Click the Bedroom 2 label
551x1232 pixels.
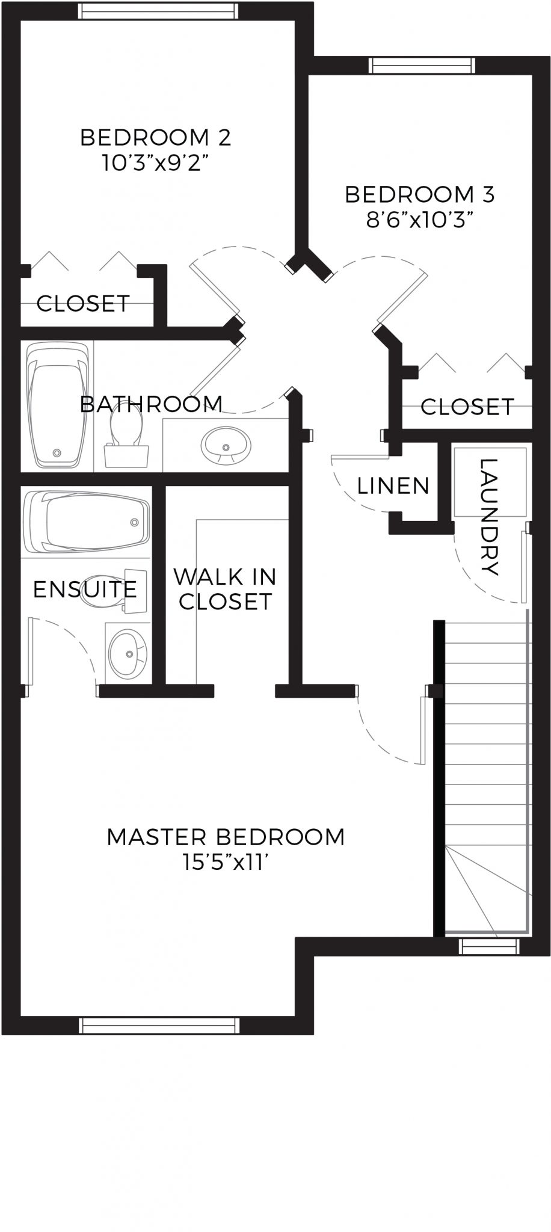[x=155, y=137]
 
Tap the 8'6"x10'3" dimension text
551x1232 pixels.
[x=419, y=220]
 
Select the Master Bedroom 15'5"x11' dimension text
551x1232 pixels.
[x=226, y=863]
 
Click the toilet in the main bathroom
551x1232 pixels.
[x=126, y=436]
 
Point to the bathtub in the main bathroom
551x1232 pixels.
[x=57, y=405]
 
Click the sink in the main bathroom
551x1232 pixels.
[x=226, y=445]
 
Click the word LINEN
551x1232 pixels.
[x=393, y=485]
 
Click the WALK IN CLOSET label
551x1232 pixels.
[x=225, y=589]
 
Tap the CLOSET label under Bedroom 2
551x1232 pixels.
[x=83, y=303]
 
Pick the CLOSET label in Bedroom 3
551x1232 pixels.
[x=467, y=407]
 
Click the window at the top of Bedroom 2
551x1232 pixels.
[x=158, y=10]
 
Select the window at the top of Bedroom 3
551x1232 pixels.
[x=421, y=64]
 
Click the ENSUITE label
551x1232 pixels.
[x=85, y=590]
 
